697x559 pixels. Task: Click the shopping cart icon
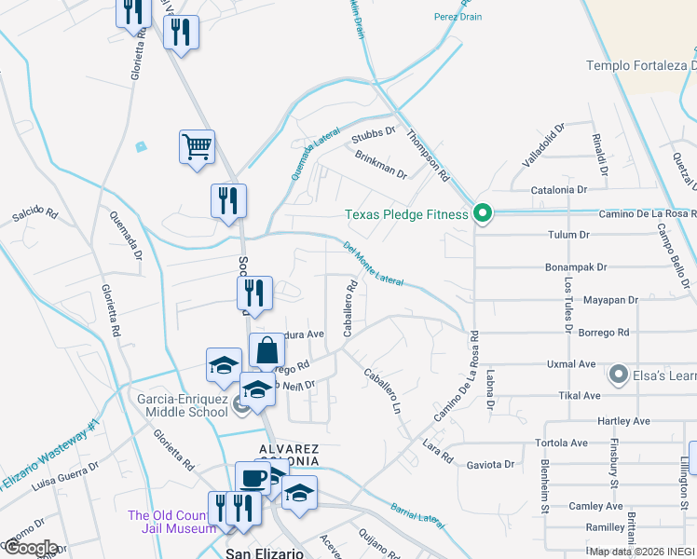point(197,146)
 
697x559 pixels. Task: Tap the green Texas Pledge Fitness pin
point(482,214)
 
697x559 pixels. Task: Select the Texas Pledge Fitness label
point(406,214)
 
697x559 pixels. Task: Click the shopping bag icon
point(266,351)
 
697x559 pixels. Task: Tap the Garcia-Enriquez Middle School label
point(183,404)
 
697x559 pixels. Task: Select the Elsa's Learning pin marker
point(617,375)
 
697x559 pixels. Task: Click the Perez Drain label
point(458,17)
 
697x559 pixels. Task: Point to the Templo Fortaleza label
point(641,65)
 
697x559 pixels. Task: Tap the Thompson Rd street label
point(428,156)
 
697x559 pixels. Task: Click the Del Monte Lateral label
point(373,264)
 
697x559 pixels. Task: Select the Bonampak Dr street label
point(576,267)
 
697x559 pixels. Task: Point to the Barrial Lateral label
point(417,513)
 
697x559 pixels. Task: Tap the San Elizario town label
point(266,552)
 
